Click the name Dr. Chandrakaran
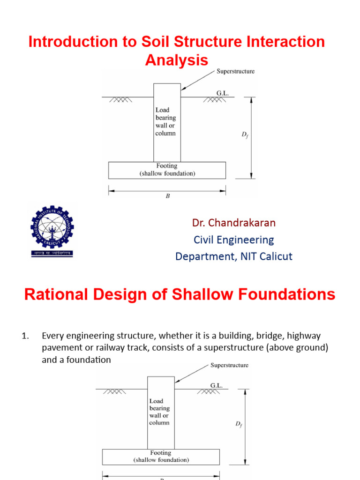click(x=234, y=223)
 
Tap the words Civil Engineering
click(x=234, y=240)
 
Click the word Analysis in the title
click(x=177, y=60)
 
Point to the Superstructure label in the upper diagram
click(x=235, y=71)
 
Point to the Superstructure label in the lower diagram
click(x=229, y=365)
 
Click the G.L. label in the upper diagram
click(x=222, y=93)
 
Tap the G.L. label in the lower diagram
click(x=216, y=385)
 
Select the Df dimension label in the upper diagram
click(x=245, y=135)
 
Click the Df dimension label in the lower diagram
click(x=239, y=424)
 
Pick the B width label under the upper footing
click(x=167, y=197)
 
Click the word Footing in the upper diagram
click(x=167, y=166)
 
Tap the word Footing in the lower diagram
click(x=161, y=453)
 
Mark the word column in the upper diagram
click(x=165, y=133)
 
